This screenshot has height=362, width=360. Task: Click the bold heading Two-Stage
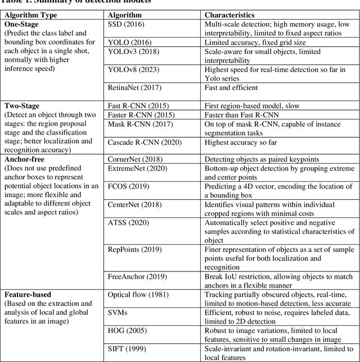22,105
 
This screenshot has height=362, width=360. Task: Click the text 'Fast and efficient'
231,87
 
